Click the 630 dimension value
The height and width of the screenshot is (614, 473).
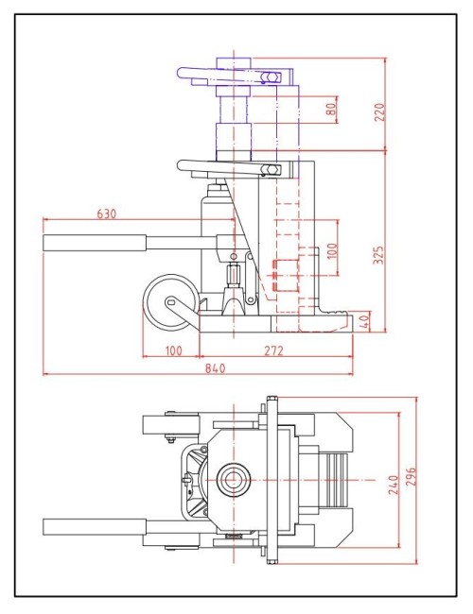pyautogui.click(x=107, y=213)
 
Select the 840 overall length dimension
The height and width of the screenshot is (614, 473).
pyautogui.click(x=214, y=369)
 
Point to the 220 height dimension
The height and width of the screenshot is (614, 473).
pyautogui.click(x=380, y=111)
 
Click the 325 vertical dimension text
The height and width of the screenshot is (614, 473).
pyautogui.click(x=380, y=253)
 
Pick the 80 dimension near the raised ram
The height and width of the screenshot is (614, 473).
pyautogui.click(x=331, y=110)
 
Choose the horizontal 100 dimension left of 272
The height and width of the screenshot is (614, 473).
pyautogui.click(x=171, y=351)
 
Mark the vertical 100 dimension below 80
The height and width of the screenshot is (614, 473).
pyautogui.click(x=331, y=250)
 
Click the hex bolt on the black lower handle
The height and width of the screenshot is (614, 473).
pyautogui.click(x=270, y=170)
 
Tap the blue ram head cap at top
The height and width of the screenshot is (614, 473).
pyautogui.click(x=235, y=63)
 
